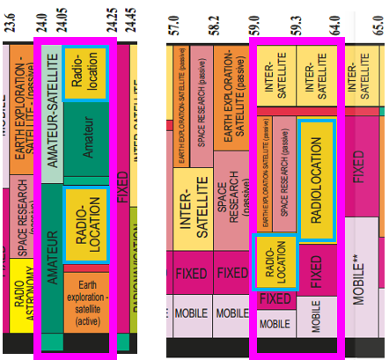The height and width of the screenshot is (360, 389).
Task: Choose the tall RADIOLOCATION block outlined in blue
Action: click(316, 180)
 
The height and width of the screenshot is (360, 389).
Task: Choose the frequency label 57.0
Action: click(175, 19)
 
